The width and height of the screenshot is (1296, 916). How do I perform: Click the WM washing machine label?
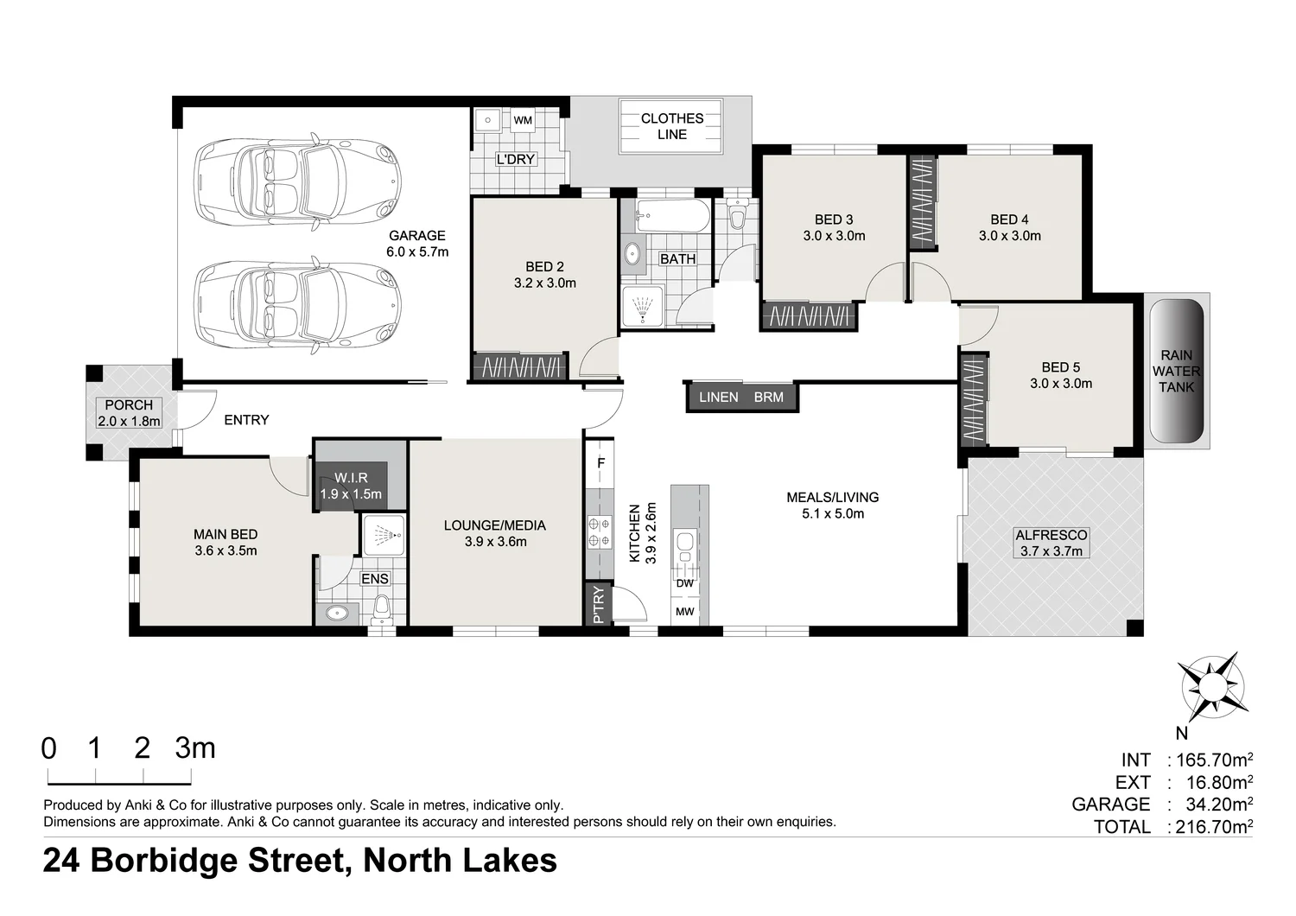[x=523, y=120]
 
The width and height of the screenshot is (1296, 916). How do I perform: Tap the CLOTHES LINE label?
[x=671, y=126]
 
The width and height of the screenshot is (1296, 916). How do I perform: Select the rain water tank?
[x=1176, y=371]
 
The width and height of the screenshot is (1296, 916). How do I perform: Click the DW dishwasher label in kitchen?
[x=684, y=583]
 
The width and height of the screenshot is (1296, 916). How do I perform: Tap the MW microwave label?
[x=684, y=612]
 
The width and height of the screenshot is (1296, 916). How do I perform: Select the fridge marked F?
[x=600, y=463]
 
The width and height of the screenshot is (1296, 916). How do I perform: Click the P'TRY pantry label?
[x=599, y=605]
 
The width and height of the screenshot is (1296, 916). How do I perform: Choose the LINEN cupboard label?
[x=719, y=397]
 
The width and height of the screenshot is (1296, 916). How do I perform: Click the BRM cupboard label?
[x=768, y=397]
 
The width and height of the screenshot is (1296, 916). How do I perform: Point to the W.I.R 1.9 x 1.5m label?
[x=351, y=486]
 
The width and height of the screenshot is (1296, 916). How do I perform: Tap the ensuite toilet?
[x=381, y=609]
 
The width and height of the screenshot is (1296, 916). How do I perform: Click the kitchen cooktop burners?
[x=600, y=532]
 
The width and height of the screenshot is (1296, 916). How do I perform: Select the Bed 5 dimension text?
[x=1060, y=383]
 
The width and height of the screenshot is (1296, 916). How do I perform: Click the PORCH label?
[x=129, y=405]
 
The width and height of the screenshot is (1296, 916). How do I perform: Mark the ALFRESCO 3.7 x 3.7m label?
[x=1051, y=543]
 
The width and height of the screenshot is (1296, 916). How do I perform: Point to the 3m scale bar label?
[x=195, y=747]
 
